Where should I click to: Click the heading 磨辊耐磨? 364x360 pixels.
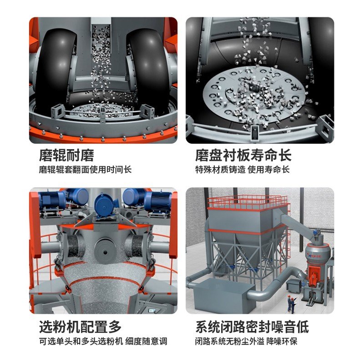66,155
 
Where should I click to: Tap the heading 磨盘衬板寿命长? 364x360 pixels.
243,155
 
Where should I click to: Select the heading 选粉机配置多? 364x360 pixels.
81,327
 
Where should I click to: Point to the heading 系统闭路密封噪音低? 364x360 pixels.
252,327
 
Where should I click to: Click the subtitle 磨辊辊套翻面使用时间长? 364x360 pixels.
85,170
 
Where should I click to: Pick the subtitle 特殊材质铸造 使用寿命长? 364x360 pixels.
243,170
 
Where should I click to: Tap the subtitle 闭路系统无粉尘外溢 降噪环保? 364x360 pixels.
246,341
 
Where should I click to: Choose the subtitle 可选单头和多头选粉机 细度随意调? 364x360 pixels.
103,341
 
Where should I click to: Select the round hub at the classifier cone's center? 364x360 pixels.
105,252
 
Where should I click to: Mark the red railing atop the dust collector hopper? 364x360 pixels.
248,201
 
